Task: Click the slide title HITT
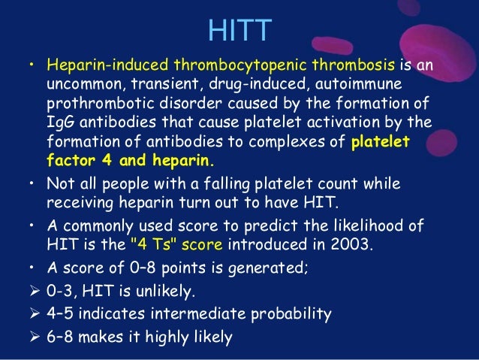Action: click(239, 31)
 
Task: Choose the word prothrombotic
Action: click(97, 103)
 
